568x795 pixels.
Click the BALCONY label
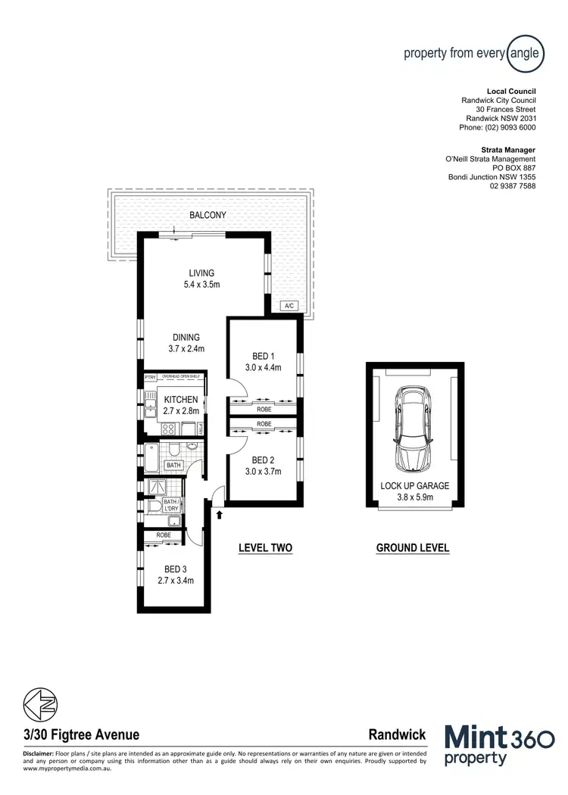point(208,215)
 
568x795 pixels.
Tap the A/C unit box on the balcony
point(289,306)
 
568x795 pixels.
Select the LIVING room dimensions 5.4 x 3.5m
point(201,285)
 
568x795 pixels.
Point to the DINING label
point(186,338)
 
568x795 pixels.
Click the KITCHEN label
point(181,400)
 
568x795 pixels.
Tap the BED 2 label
point(263,460)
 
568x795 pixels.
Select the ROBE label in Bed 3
point(164,535)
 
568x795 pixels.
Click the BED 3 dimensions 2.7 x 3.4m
point(176,581)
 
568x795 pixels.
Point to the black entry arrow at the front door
point(220,516)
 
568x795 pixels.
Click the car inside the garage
point(412,429)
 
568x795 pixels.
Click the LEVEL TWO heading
point(265,548)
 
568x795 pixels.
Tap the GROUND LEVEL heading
point(413,548)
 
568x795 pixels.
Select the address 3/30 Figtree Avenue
point(80,734)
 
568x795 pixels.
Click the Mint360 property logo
point(499,746)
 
